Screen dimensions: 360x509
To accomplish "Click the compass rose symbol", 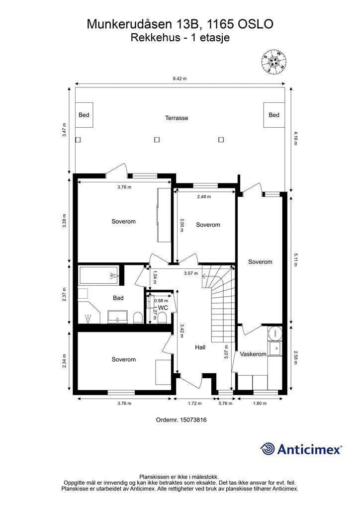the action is (274, 61).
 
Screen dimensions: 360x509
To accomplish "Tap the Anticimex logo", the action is (301, 449).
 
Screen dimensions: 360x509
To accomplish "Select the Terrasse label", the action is (177, 118).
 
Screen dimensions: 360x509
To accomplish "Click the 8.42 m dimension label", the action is (180, 79).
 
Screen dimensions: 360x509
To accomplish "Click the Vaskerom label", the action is (253, 354).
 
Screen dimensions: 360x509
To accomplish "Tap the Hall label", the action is (200, 347).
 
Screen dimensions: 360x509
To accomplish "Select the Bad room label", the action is (118, 298).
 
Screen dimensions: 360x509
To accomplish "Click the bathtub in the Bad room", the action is (99, 275).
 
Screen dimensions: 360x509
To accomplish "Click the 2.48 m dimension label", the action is (204, 197).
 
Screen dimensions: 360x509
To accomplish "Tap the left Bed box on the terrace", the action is (84, 115).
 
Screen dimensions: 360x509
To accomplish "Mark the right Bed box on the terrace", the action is (274, 115).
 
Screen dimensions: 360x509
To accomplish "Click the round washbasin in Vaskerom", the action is (275, 333).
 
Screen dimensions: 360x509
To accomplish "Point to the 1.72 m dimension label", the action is (195, 404).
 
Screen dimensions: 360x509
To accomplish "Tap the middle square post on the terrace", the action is (157, 140).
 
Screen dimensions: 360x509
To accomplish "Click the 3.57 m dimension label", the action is (191, 273).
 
